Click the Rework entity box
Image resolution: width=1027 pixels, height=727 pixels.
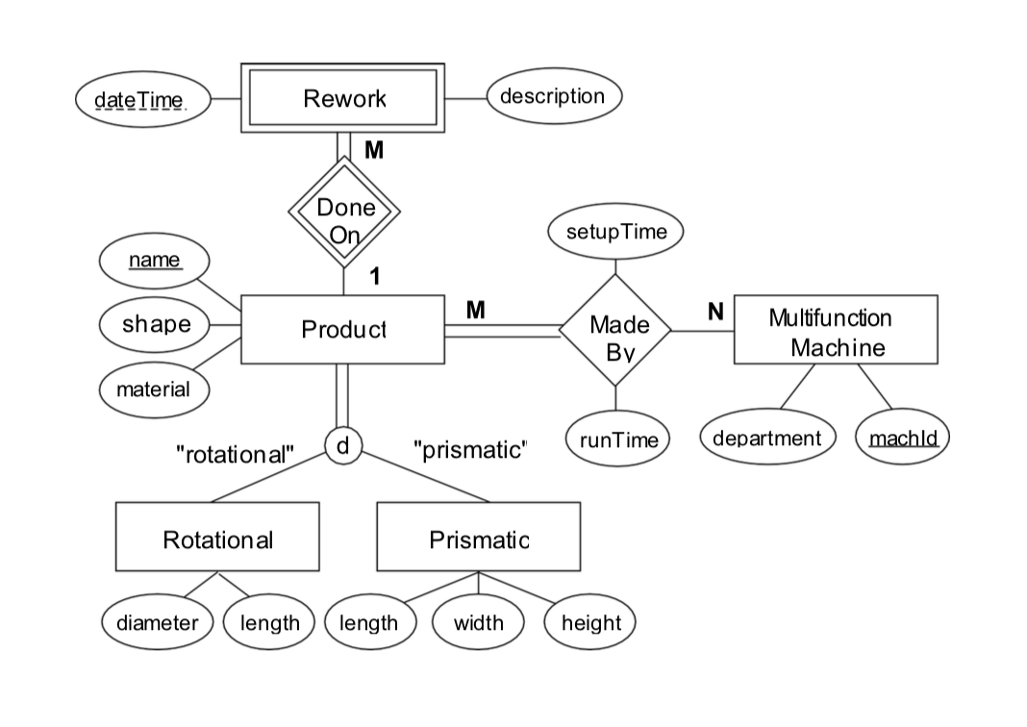point(343,98)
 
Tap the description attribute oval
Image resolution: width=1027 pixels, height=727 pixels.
point(553,96)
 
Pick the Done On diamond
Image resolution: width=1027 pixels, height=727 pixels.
point(344,220)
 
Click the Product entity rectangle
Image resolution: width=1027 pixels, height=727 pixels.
point(342,330)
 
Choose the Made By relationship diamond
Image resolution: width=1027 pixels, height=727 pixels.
point(614,332)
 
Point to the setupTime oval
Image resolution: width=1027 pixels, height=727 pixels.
point(615,232)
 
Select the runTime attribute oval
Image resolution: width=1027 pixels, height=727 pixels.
point(615,439)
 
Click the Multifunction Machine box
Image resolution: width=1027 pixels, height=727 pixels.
point(835,330)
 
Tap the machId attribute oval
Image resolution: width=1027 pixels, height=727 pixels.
point(902,439)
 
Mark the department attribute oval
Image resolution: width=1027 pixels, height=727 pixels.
point(766,439)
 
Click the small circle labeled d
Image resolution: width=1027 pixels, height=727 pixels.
point(342,446)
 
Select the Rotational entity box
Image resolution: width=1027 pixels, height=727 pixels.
point(217,538)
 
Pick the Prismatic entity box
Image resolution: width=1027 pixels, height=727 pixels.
point(478,538)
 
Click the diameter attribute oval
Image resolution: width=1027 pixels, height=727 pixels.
point(158,622)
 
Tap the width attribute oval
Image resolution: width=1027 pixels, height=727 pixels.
point(478,622)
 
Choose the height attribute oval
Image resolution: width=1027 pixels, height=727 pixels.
point(590,622)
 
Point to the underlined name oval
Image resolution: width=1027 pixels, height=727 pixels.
point(155,260)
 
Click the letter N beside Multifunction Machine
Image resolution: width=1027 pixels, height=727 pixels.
point(714,312)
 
